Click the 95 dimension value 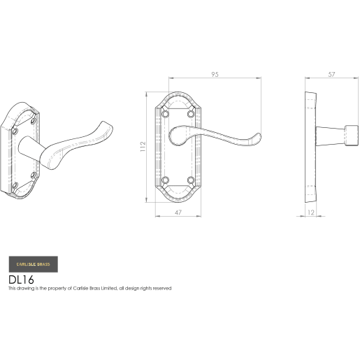coord(215,74)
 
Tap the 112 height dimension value coord(143,147)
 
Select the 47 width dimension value coord(178,213)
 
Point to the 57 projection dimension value coord(331,74)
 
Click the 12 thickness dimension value coord(311,213)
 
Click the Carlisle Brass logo coord(34,264)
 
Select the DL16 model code coord(21,280)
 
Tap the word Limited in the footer coord(109,289)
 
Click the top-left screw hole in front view coord(166,114)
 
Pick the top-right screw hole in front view coord(191,114)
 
